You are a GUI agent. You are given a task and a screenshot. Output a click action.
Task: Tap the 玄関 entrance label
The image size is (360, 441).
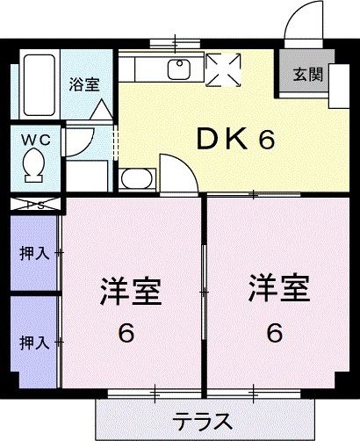point(307,75)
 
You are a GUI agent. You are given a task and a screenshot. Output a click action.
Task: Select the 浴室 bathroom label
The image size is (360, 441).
point(84,85)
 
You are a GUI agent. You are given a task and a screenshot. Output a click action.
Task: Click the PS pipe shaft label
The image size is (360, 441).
point(35,206)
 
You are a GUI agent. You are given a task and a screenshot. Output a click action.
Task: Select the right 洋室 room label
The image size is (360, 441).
point(275,288)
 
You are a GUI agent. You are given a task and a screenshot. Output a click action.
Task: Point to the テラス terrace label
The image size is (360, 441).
point(202,418)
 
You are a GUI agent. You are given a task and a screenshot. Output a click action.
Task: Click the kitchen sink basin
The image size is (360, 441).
point(181,69)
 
